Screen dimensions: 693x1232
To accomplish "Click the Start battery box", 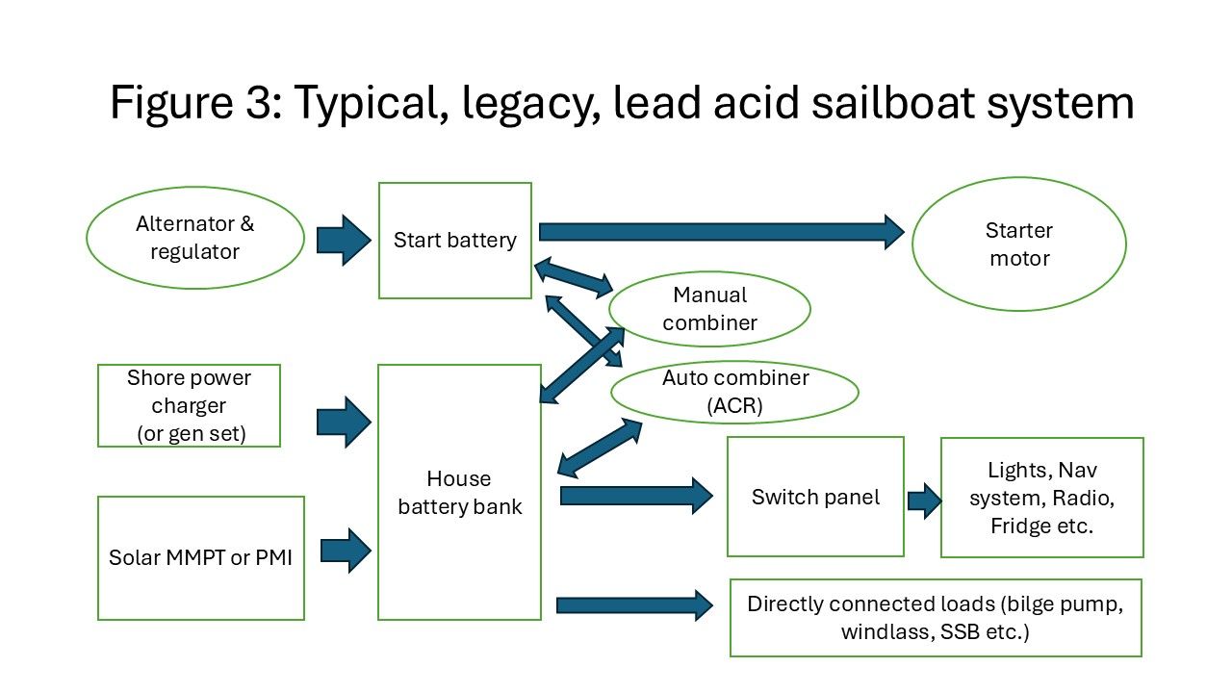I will pyautogui.click(x=454, y=241).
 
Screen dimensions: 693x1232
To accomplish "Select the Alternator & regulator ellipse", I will pyautogui.click(x=195, y=238).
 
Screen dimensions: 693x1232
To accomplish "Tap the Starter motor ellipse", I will pyautogui.click(x=1018, y=244).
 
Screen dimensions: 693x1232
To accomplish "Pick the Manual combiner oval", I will pyautogui.click(x=710, y=309).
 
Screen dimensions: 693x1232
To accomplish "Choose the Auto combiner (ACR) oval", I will pyautogui.click(x=735, y=392).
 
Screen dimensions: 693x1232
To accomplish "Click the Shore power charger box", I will pyautogui.click(x=189, y=405).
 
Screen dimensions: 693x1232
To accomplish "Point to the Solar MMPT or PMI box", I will pyautogui.click(x=201, y=558).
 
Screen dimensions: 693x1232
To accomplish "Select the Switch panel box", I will pyautogui.click(x=815, y=498).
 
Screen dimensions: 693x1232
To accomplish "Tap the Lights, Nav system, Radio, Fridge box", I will pyautogui.click(x=1041, y=498).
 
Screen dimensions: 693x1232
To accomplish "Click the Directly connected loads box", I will pyautogui.click(x=936, y=618).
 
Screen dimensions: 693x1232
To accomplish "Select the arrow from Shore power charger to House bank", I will pyautogui.click(x=343, y=421).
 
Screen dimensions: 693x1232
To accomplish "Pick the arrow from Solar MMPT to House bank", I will pyautogui.click(x=345, y=551).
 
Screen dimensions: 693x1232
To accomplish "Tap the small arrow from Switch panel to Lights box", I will pyautogui.click(x=924, y=500).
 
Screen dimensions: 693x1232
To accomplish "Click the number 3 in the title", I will pyautogui.click(x=260, y=102).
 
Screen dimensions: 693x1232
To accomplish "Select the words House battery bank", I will pyautogui.click(x=459, y=493).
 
